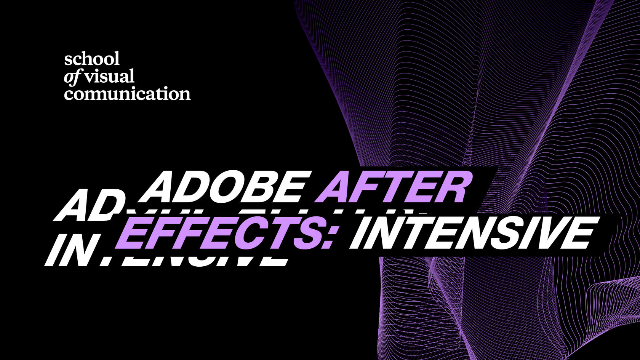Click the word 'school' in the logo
tap(92, 59)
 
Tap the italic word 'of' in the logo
tap(72, 77)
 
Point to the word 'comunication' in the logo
tap(127, 94)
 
